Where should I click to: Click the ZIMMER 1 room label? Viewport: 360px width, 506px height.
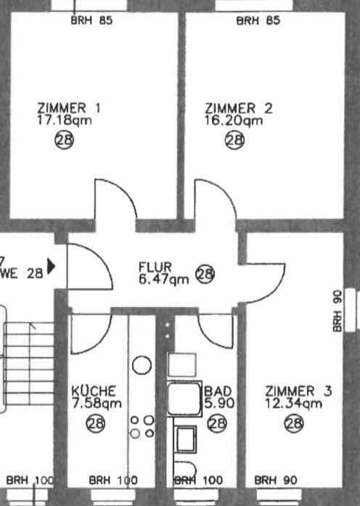pos(69,108)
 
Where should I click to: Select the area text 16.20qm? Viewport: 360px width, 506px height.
pos(234,121)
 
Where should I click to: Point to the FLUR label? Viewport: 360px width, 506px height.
pos(154,266)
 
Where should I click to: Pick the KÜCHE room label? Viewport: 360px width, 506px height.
pos(94,391)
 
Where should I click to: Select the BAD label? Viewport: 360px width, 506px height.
pos(218,391)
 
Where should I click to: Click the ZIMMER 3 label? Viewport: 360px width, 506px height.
pos(298,391)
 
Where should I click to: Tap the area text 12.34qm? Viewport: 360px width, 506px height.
pos(293,404)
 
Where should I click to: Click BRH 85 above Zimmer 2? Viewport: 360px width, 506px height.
pos(258,20)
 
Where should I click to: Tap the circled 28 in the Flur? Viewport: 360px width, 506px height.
pos(206,274)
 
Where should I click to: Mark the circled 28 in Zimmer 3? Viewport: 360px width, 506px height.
pos(293,423)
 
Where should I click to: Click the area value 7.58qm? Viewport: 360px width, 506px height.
pos(96,404)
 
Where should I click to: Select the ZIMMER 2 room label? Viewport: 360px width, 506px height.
pos(239,108)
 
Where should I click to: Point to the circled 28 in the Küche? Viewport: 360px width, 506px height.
pos(95,423)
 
